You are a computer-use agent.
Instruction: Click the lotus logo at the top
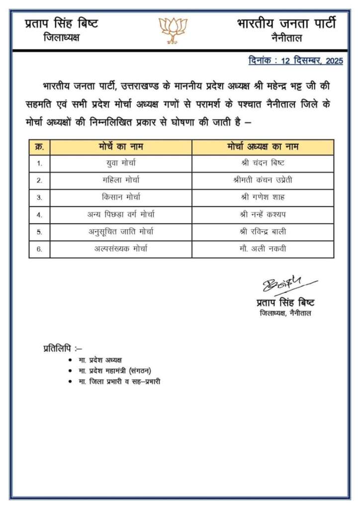tap(173, 29)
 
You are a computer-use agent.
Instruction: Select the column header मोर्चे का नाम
tap(121, 147)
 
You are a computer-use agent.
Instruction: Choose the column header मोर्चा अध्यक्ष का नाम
tap(263, 147)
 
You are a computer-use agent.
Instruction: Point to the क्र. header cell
tap(39, 147)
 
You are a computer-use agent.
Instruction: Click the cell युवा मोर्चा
tap(121, 163)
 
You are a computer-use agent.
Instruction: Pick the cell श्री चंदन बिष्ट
tap(263, 163)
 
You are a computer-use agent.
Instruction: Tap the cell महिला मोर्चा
tap(121, 180)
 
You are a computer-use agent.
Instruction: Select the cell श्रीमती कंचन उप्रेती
tap(263, 180)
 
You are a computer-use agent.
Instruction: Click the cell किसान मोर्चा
tap(121, 197)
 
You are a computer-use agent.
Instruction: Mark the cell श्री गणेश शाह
tap(263, 197)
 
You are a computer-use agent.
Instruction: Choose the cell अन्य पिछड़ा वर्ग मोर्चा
tap(121, 215)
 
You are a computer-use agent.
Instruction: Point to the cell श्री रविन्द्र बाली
tap(263, 232)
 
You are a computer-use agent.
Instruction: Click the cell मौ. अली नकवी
tap(263, 249)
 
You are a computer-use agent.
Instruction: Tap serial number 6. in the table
tap(39, 249)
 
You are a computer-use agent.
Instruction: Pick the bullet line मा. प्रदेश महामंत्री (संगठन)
tap(115, 370)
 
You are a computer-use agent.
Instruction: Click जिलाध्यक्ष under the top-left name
tap(61, 38)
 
